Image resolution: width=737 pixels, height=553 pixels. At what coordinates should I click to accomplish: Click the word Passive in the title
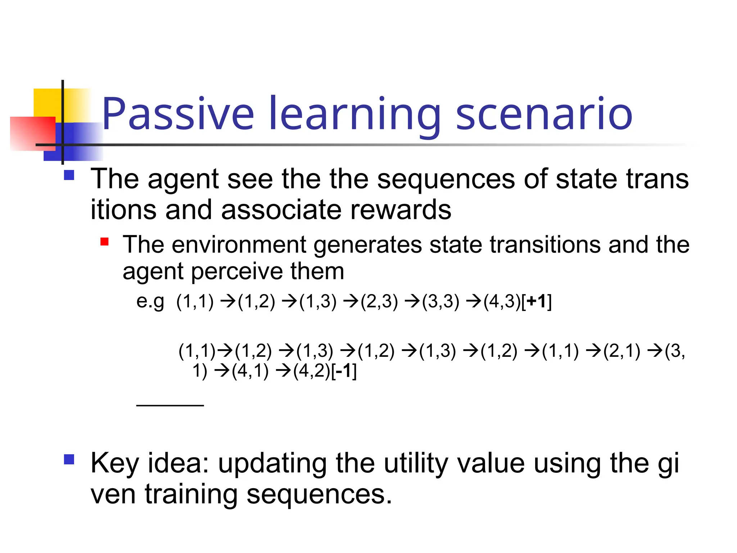coord(178,114)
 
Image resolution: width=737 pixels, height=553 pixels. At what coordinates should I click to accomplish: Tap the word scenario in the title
coord(544,114)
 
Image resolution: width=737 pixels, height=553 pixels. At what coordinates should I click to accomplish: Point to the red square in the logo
coord(32,133)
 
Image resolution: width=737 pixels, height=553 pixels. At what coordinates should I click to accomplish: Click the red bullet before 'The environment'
coord(104,242)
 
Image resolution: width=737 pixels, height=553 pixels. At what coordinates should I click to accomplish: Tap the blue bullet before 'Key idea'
coord(69,459)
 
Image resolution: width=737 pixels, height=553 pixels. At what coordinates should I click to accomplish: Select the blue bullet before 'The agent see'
coord(69,175)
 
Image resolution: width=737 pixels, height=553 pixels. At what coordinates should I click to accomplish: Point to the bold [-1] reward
coord(344,371)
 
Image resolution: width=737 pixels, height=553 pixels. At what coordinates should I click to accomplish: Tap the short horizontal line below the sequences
coord(170,405)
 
